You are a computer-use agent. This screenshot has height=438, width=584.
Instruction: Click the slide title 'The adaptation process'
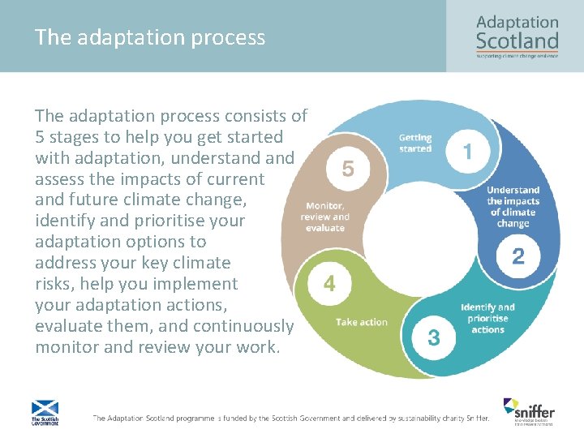point(150,37)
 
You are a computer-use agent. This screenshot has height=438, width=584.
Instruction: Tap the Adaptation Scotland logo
point(517,36)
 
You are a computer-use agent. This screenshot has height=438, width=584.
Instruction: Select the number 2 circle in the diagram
point(517,257)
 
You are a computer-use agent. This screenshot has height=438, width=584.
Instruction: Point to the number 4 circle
point(329,284)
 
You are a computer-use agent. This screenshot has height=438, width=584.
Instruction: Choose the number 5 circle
point(348,169)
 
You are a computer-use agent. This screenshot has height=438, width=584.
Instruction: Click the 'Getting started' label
point(415,144)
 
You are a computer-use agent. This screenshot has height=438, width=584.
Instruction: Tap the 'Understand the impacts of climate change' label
point(513,207)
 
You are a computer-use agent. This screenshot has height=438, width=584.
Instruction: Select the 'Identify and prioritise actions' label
point(487,319)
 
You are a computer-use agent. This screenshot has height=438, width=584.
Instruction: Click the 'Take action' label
point(362,322)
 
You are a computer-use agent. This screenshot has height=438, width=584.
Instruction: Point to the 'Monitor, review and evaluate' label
point(324,217)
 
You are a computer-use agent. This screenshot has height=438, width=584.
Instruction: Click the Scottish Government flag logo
point(44,412)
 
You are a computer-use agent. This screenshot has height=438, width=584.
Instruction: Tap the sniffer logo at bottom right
point(528,410)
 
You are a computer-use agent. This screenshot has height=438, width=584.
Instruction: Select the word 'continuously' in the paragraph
point(249,326)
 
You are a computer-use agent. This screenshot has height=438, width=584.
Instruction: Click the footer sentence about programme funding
point(290,419)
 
